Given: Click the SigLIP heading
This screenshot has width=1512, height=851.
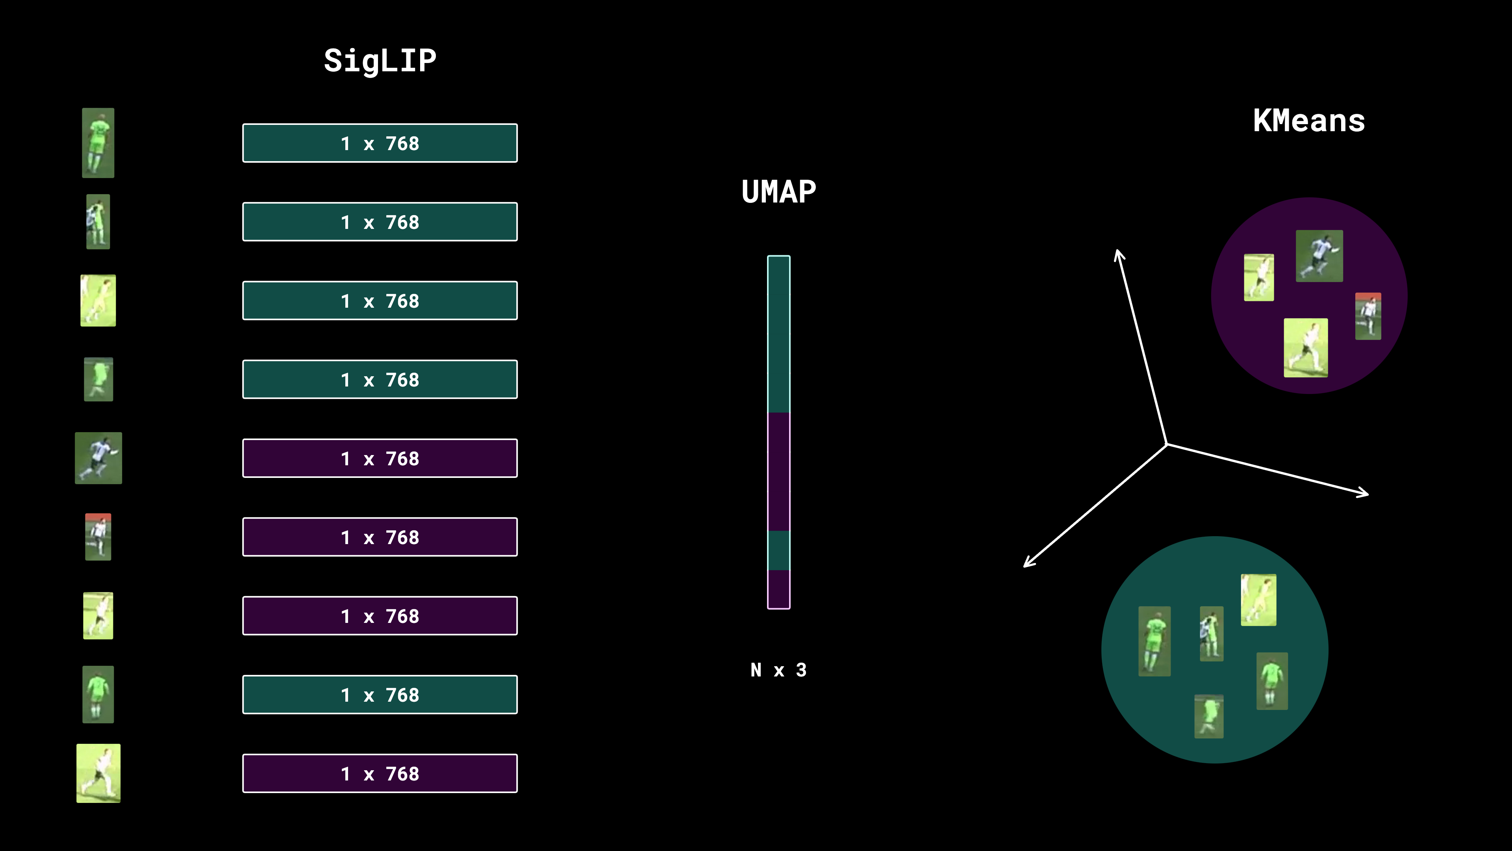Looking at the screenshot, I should click(x=380, y=61).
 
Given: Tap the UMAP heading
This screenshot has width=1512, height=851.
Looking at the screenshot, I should click(x=778, y=192).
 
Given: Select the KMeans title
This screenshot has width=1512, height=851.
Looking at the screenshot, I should click(x=1308, y=121).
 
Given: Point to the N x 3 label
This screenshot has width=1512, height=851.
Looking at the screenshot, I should click(x=778, y=670).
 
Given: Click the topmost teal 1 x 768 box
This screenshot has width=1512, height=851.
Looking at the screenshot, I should click(x=380, y=143).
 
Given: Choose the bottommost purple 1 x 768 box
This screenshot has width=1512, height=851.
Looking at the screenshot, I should click(x=380, y=773).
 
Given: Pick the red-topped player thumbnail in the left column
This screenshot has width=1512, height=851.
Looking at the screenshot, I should click(x=98, y=537).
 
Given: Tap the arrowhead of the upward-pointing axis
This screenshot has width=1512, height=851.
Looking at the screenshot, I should click(x=1118, y=254).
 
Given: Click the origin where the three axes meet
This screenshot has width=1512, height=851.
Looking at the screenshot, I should click(x=1166, y=444).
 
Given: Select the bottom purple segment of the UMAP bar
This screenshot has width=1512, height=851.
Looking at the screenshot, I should click(x=778, y=589).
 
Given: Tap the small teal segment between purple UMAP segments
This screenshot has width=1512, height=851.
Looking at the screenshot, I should click(x=778, y=550).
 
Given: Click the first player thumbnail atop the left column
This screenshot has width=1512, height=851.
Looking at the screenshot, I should click(x=98, y=143).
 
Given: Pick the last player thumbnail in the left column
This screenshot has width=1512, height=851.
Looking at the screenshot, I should click(x=98, y=773).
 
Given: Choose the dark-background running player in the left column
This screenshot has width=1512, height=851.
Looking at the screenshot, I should click(x=98, y=458).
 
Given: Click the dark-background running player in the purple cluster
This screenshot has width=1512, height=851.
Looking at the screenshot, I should click(x=1319, y=256).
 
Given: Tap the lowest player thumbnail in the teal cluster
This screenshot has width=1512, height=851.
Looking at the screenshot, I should click(x=1208, y=716).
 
